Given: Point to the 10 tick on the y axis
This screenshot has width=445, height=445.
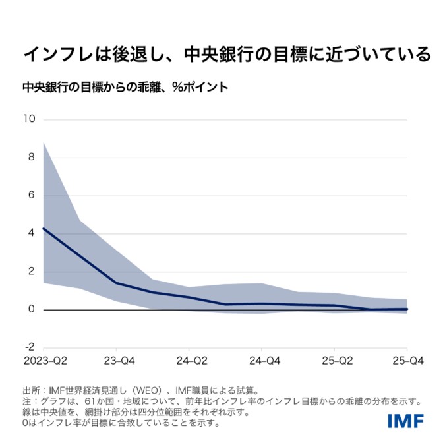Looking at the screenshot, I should pyautogui.click(x=28, y=119).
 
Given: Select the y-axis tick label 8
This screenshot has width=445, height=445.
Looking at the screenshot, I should pyautogui.click(x=30, y=158).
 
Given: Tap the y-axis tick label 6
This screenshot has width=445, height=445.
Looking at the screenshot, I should pyautogui.click(x=30, y=196).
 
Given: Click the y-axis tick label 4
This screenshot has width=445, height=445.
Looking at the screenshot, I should pyautogui.click(x=30, y=233).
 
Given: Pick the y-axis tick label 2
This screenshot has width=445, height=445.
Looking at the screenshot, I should pyautogui.click(x=30, y=272).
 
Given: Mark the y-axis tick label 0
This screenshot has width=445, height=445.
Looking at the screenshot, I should pyautogui.click(x=30, y=310).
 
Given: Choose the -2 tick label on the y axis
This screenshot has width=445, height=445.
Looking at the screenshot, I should pyautogui.click(x=28, y=347).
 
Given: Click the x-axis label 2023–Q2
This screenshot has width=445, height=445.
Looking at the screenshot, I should pyautogui.click(x=45, y=361).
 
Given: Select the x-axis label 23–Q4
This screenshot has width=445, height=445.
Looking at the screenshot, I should pyautogui.click(x=117, y=361).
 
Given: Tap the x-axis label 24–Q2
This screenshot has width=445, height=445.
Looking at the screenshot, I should pyautogui.click(x=189, y=361).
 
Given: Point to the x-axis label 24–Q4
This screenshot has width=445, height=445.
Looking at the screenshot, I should pyautogui.click(x=262, y=361).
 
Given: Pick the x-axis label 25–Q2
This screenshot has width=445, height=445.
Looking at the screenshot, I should pyautogui.click(x=334, y=361).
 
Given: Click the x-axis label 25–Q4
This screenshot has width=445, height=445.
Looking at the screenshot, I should pyautogui.click(x=407, y=361).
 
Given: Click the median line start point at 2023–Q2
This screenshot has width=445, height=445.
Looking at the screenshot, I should pyautogui.click(x=44, y=229).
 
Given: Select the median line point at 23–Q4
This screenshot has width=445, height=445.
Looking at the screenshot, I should pyautogui.click(x=117, y=283).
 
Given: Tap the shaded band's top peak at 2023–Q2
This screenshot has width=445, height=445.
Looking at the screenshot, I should pyautogui.click(x=44, y=142).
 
